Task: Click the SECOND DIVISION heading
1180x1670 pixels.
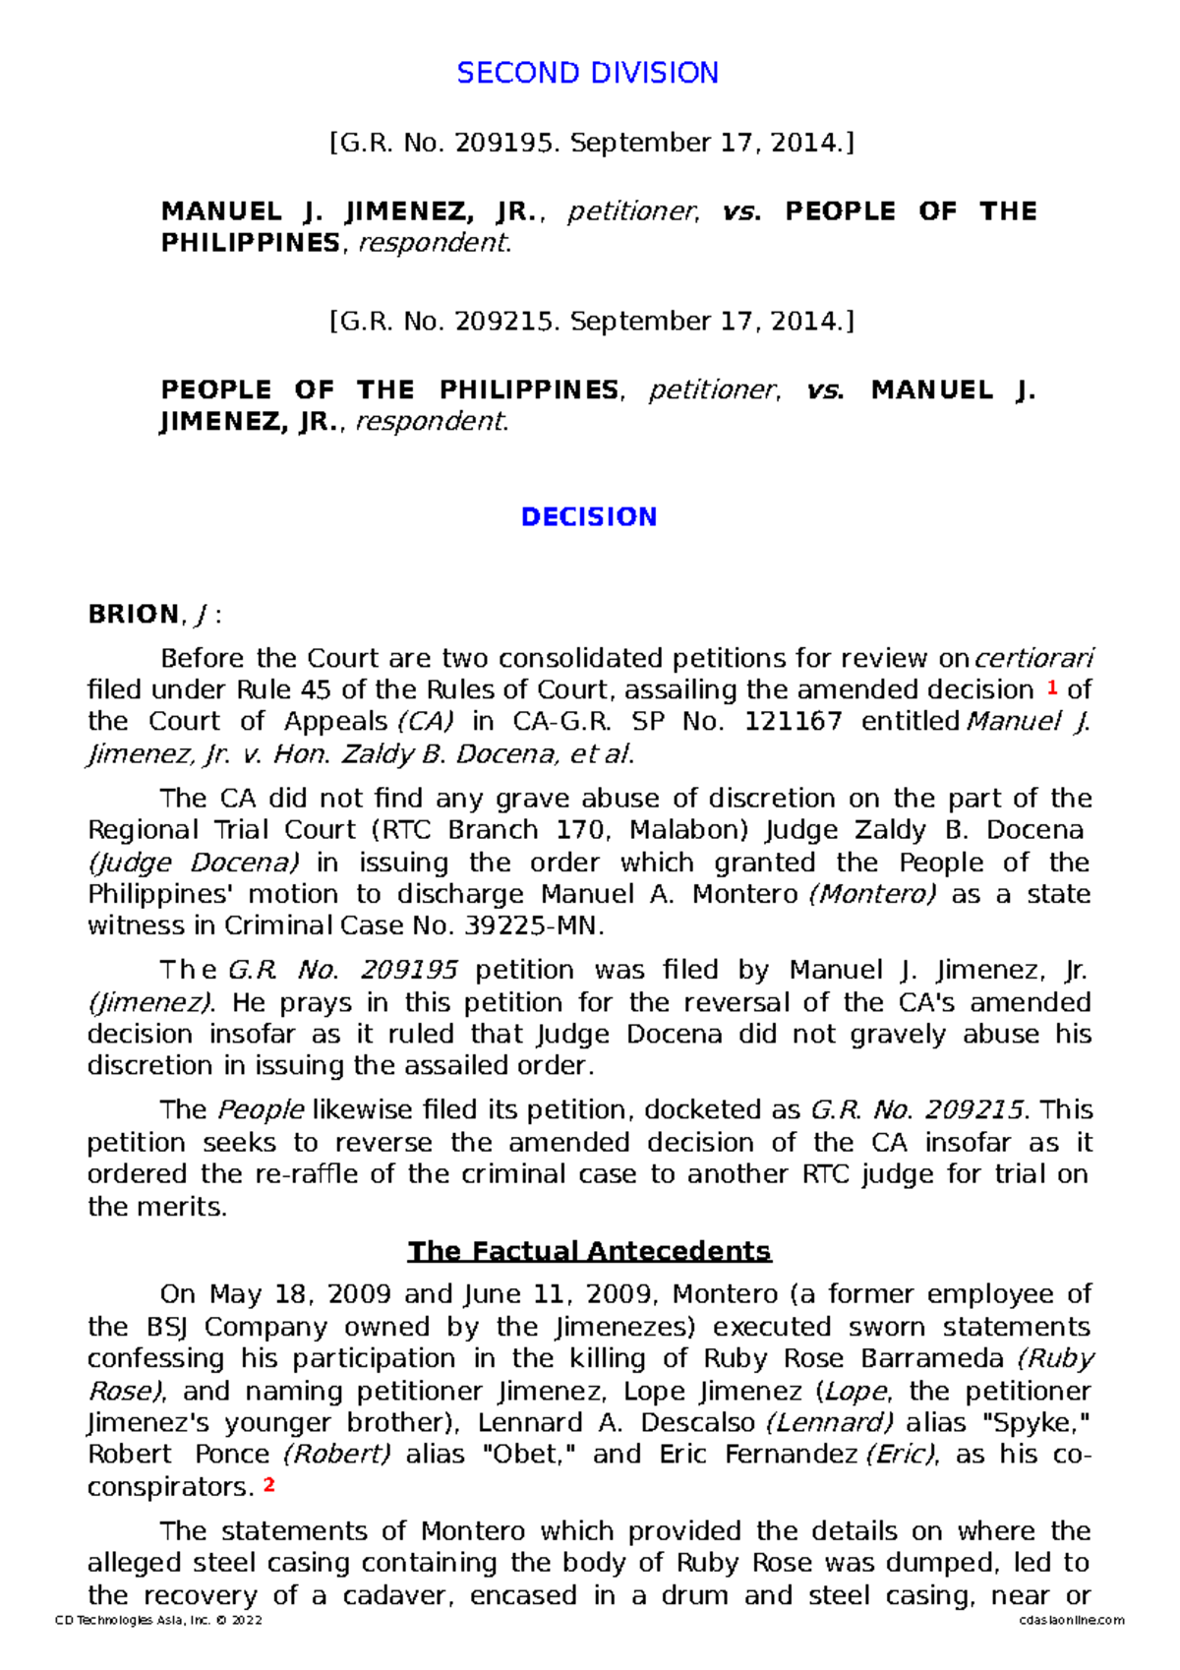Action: pyautogui.click(x=587, y=73)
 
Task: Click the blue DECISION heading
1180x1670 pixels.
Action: pyautogui.click(x=588, y=517)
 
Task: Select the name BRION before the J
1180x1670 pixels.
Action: pyautogui.click(x=134, y=615)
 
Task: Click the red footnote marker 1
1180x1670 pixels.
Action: pyautogui.click(x=1051, y=687)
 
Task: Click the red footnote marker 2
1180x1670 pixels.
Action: pyautogui.click(x=268, y=1485)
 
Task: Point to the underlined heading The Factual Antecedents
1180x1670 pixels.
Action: pyautogui.click(x=589, y=1251)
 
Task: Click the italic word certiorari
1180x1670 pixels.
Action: pyautogui.click(x=1033, y=658)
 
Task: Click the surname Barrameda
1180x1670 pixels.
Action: pyautogui.click(x=931, y=1359)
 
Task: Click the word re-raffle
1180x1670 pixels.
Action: pyautogui.click(x=306, y=1174)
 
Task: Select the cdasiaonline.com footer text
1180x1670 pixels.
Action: pyautogui.click(x=1072, y=1621)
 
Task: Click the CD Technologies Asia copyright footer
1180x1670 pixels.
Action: pyautogui.click(x=158, y=1621)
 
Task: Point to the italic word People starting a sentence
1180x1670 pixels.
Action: pyautogui.click(x=261, y=1110)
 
